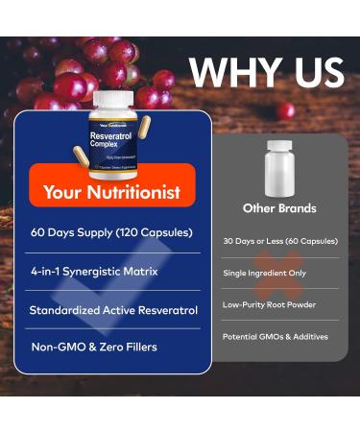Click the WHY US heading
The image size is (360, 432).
pos(266,73)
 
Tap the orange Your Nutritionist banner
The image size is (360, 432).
pos(112,192)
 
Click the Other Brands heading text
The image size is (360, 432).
pos(279,208)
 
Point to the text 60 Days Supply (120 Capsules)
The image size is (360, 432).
pos(111,232)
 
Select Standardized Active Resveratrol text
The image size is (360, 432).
pos(113,310)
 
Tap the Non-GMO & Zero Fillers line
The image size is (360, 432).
pos(92,348)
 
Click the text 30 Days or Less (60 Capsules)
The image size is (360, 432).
pos(279,241)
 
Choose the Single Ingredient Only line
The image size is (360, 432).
pos(266,274)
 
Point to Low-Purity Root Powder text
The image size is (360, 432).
pos(269,305)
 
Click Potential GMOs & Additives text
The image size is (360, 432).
pos(276,337)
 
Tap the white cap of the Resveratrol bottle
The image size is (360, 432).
pos(111,99)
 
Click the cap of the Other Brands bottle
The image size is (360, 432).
pos(279,146)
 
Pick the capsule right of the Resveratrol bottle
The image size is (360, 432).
pos(145,131)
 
